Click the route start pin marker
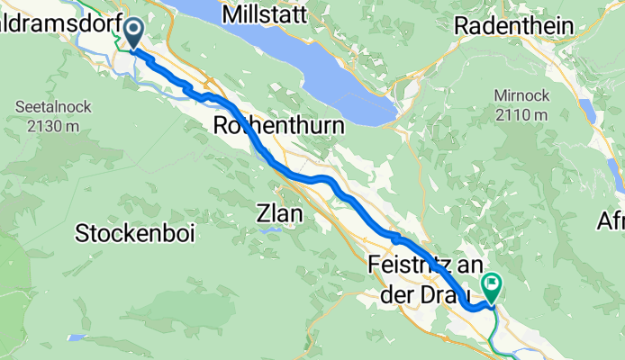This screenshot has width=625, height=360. pos(132,33)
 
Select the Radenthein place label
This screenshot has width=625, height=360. pos(514,27)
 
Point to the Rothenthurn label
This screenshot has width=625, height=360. pos(277,128)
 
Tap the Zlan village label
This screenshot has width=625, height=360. pos(279,215)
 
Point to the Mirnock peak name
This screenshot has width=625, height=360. pos(521,94)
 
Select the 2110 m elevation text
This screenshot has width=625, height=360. pos(521,114)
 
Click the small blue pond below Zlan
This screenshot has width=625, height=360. pos(269,231)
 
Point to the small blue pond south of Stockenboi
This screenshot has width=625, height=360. pos(77,337)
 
